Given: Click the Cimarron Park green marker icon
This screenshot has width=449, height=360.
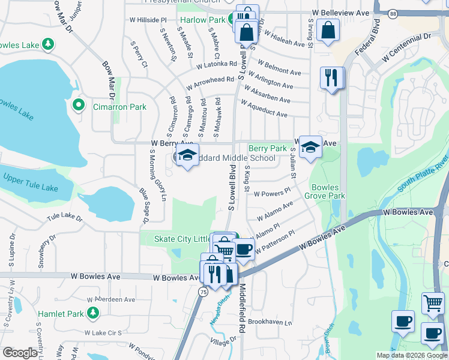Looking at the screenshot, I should (x=78, y=106).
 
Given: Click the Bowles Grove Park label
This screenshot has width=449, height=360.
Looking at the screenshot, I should (x=324, y=191).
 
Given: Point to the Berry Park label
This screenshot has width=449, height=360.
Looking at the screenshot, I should (x=267, y=148).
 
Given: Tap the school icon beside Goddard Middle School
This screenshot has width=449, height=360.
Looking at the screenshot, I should (x=187, y=156).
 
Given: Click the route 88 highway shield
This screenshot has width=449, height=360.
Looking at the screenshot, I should (x=393, y=13).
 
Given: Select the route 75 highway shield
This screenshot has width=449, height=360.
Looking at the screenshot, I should (x=202, y=291).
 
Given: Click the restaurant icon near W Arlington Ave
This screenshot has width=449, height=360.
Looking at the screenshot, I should (x=331, y=77).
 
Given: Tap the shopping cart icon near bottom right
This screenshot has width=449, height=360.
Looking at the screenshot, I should (x=432, y=302).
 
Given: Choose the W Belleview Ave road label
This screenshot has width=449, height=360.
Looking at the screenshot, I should (x=338, y=13).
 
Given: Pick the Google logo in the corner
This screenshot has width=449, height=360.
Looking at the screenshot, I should (x=20, y=353).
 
